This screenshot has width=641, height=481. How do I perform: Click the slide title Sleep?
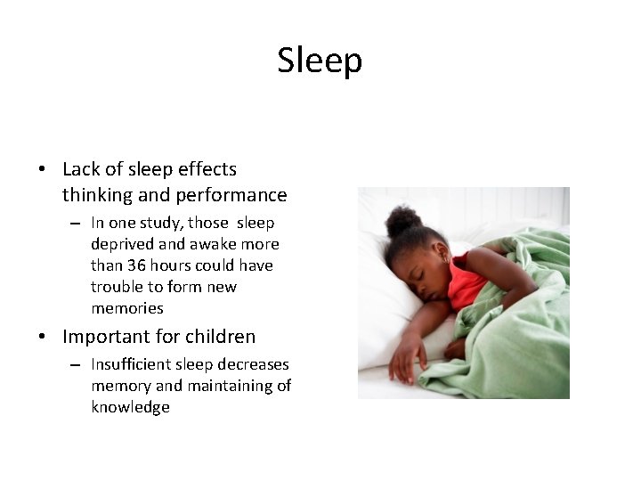click(x=320, y=61)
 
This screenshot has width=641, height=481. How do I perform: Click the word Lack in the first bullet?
click(x=81, y=168)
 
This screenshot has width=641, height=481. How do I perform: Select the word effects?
click(x=205, y=168)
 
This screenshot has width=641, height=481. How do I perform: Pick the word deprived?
click(x=120, y=244)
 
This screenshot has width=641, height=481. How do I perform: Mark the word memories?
click(x=127, y=308)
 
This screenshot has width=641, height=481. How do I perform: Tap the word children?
click(x=222, y=337)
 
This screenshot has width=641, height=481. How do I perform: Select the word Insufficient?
click(x=131, y=364)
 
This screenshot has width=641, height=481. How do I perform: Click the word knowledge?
click(x=130, y=407)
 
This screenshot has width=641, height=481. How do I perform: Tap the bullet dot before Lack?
click(x=42, y=169)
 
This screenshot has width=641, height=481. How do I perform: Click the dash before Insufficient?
click(x=76, y=365)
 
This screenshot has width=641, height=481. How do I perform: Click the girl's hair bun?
click(x=405, y=219)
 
